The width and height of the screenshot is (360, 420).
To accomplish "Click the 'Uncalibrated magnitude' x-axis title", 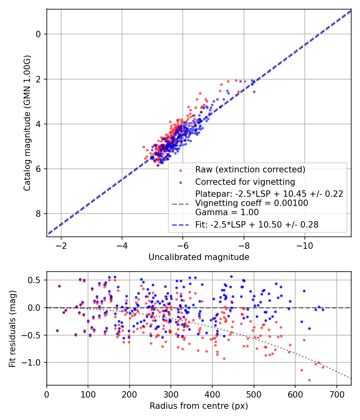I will (199, 257).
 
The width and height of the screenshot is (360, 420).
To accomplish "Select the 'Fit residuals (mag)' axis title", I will (12, 328).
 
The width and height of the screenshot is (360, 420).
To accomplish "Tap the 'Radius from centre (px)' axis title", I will (199, 406).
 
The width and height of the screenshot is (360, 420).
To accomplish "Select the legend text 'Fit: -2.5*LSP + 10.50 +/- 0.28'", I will (257, 225).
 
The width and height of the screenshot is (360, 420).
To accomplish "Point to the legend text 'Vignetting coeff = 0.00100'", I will (252, 203).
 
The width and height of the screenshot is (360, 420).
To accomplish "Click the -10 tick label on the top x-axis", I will (304, 245).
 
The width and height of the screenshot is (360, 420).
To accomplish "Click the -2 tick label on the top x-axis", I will (61, 245).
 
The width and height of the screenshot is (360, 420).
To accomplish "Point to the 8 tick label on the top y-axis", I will (38, 214).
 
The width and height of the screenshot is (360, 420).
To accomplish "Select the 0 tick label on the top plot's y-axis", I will (38, 34).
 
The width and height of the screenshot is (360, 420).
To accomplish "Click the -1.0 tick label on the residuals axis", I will (35, 362).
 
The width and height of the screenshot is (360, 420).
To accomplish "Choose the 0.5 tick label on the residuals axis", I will (37, 280).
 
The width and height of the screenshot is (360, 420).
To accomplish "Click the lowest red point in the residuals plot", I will (309, 380).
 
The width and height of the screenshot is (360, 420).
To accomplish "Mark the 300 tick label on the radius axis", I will (171, 394).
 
